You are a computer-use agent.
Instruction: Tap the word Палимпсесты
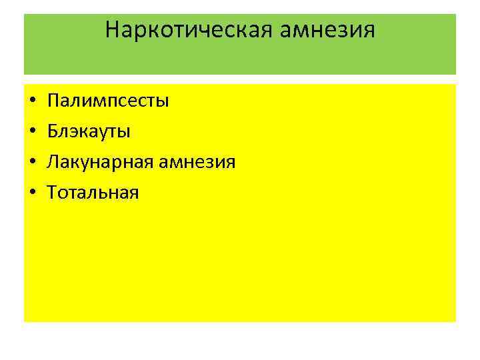coord(108,101)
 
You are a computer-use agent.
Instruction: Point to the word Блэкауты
coord(89,131)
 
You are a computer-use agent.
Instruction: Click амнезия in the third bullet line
coord(197,162)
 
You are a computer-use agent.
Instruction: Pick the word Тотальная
coord(93,193)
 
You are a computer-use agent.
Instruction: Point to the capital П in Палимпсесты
coord(53,101)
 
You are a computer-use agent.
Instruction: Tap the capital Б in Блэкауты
coord(52,131)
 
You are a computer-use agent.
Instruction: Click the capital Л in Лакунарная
coord(53,162)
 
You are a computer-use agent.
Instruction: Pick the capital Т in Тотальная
coord(52,193)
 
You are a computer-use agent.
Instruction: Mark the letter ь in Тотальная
coord(100,194)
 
